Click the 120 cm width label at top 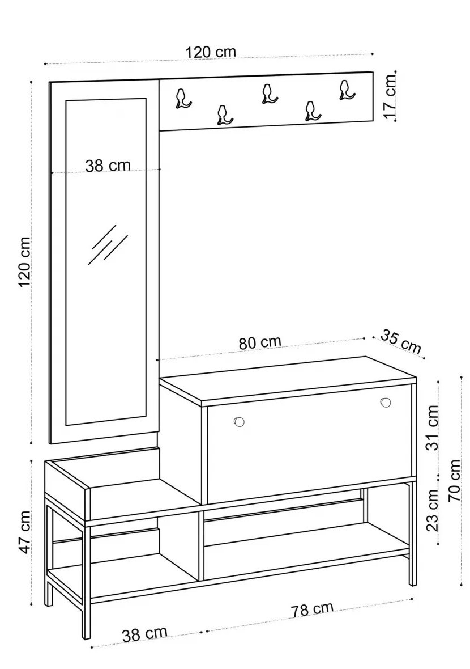tap(211, 52)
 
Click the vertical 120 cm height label tap(25, 261)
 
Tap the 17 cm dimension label tap(390, 96)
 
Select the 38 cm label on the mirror tap(108, 165)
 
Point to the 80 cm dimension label tap(260, 342)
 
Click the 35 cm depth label tap(400, 341)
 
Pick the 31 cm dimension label tap(432, 427)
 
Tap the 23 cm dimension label tap(432, 510)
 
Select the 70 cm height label tap(454, 480)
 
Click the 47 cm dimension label tap(25, 532)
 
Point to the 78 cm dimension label tap(312, 609)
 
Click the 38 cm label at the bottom tap(144, 634)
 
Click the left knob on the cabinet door tap(239, 422)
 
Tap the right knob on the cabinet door tap(386, 403)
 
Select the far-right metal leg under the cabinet tap(412, 533)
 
